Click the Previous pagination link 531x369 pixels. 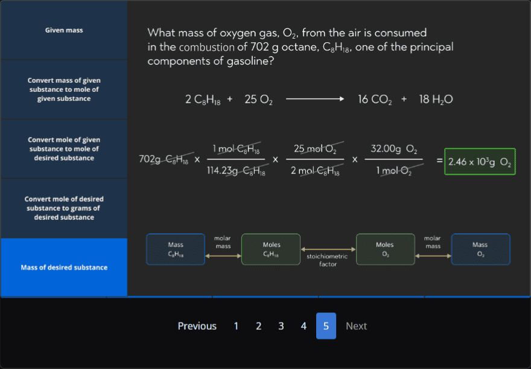tap(197, 326)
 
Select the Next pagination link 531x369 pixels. tap(356, 326)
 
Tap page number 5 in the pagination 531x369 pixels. tap(326, 326)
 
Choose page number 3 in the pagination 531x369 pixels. tap(281, 326)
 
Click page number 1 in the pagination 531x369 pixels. tap(236, 326)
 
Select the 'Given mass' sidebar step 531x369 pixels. tap(64, 30)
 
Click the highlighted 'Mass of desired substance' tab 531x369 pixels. tap(64, 268)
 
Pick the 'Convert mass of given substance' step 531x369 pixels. tap(64, 89)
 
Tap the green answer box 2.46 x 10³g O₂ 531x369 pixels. tap(480, 162)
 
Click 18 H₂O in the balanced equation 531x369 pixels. tap(436, 100)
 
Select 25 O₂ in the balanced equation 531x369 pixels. tap(258, 100)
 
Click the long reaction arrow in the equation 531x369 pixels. tap(314, 100)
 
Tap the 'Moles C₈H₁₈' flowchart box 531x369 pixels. tap(271, 249)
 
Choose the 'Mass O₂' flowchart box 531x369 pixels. tap(480, 249)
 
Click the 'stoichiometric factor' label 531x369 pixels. tap(326, 260)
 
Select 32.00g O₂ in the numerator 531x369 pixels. tap(394, 149)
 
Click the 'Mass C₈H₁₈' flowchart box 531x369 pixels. tap(176, 249)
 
